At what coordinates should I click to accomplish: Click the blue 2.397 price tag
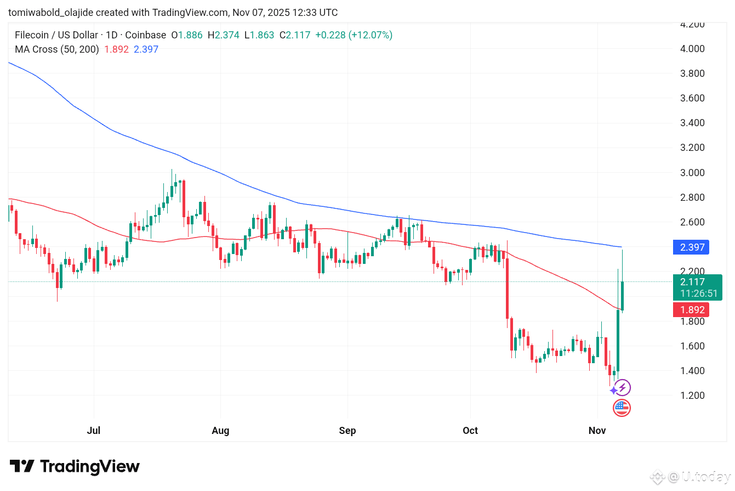691,247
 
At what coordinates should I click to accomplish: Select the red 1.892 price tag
691,310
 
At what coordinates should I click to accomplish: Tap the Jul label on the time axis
94,431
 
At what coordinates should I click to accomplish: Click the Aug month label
220,431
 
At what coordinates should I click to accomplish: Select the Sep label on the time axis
347,431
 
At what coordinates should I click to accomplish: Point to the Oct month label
470,431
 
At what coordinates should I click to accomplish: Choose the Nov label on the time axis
597,431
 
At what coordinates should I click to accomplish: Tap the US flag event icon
622,408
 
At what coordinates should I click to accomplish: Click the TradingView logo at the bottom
75,467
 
